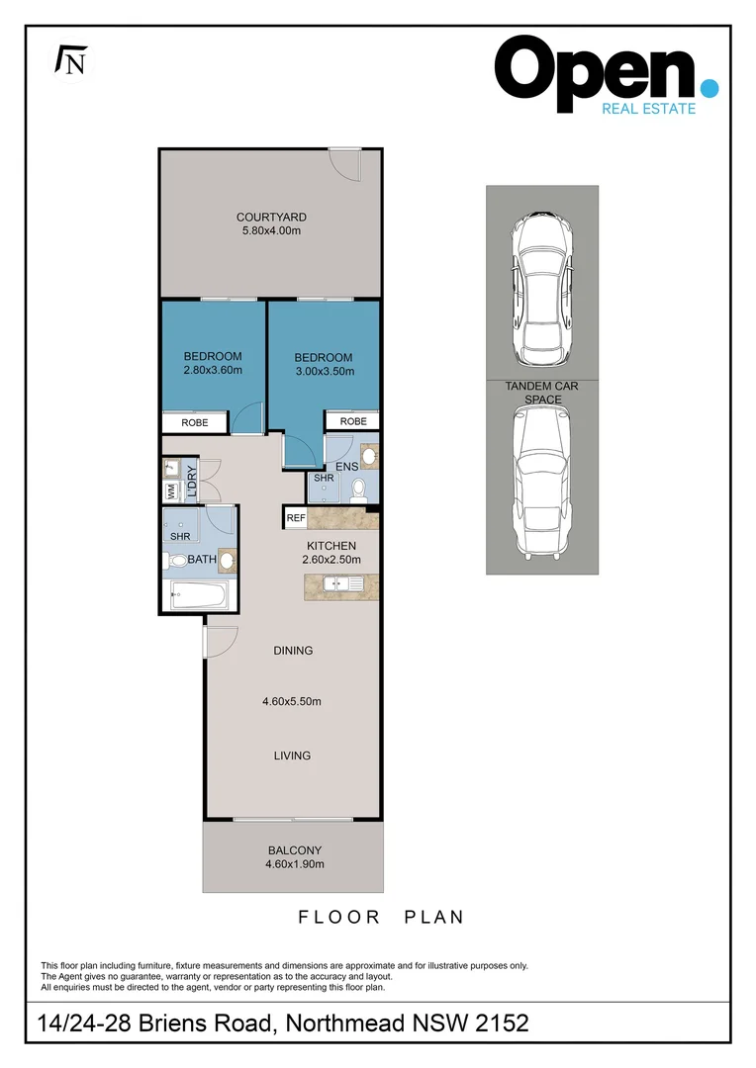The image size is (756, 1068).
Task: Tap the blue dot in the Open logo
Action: [x=708, y=89]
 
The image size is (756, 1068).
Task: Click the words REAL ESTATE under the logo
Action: [x=648, y=109]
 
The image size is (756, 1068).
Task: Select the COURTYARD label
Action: [x=270, y=218]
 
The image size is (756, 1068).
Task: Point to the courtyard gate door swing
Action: [x=346, y=164]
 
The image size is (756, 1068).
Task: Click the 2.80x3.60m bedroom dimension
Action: [x=213, y=371]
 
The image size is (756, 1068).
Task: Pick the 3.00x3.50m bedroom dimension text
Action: [x=324, y=372]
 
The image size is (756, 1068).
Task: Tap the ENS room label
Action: [x=346, y=466]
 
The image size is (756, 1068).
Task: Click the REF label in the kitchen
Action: [x=295, y=518]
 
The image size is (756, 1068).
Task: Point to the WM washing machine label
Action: [x=171, y=489]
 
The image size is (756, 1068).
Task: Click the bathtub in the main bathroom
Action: [x=199, y=596]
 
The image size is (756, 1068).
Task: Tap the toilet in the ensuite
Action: [x=358, y=488]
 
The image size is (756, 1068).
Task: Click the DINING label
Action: [x=293, y=651]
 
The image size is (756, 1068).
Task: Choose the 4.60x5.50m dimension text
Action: [x=292, y=702]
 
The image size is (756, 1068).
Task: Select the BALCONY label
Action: [x=294, y=850]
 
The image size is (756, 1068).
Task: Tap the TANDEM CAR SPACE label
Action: [x=542, y=393]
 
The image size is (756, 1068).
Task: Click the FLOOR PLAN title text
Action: [x=381, y=918]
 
